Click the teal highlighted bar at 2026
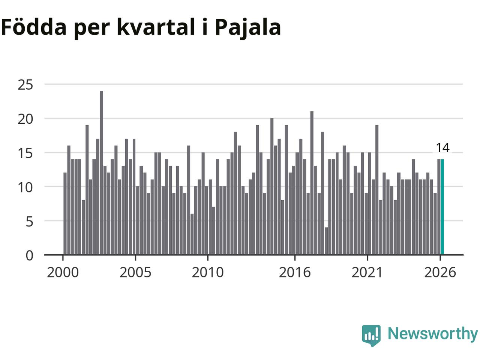[x=442, y=207]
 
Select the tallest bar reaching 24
[x=102, y=172]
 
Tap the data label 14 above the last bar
[x=442, y=148]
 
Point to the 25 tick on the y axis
[x=25, y=85]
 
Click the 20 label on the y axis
[x=25, y=119]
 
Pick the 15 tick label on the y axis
[x=25, y=153]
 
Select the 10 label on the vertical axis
[x=25, y=187]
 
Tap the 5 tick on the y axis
[x=30, y=222]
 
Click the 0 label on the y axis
[x=30, y=255]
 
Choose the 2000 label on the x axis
[x=63, y=273]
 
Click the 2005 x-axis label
[x=135, y=273]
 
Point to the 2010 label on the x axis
[x=208, y=273]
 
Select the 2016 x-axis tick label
[x=295, y=273]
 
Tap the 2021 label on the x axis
[x=367, y=273]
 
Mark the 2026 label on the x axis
[x=440, y=273]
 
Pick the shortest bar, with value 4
[x=326, y=241]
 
